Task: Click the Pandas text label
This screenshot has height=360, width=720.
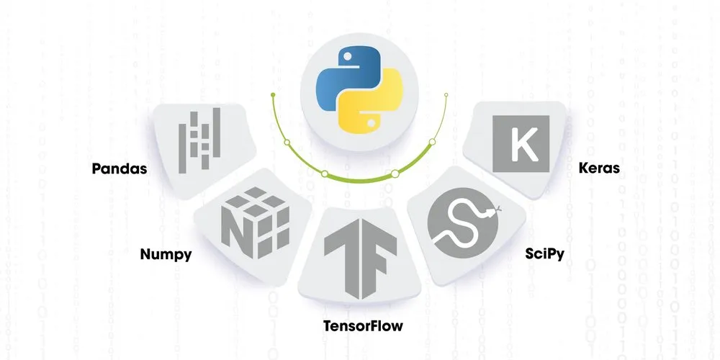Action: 120,170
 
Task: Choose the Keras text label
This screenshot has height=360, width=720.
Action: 599,170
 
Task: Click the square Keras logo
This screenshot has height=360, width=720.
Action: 521,143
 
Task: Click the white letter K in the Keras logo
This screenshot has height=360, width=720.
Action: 521,143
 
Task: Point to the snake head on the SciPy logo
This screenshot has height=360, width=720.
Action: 492,212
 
